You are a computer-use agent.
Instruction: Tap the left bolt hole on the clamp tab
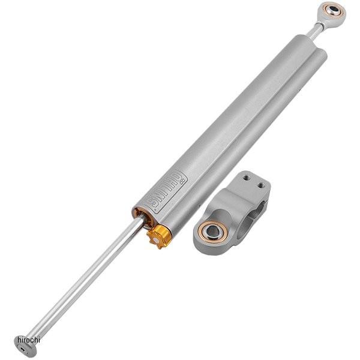(x=245, y=177)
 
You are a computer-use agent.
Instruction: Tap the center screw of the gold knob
(x=158, y=237)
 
